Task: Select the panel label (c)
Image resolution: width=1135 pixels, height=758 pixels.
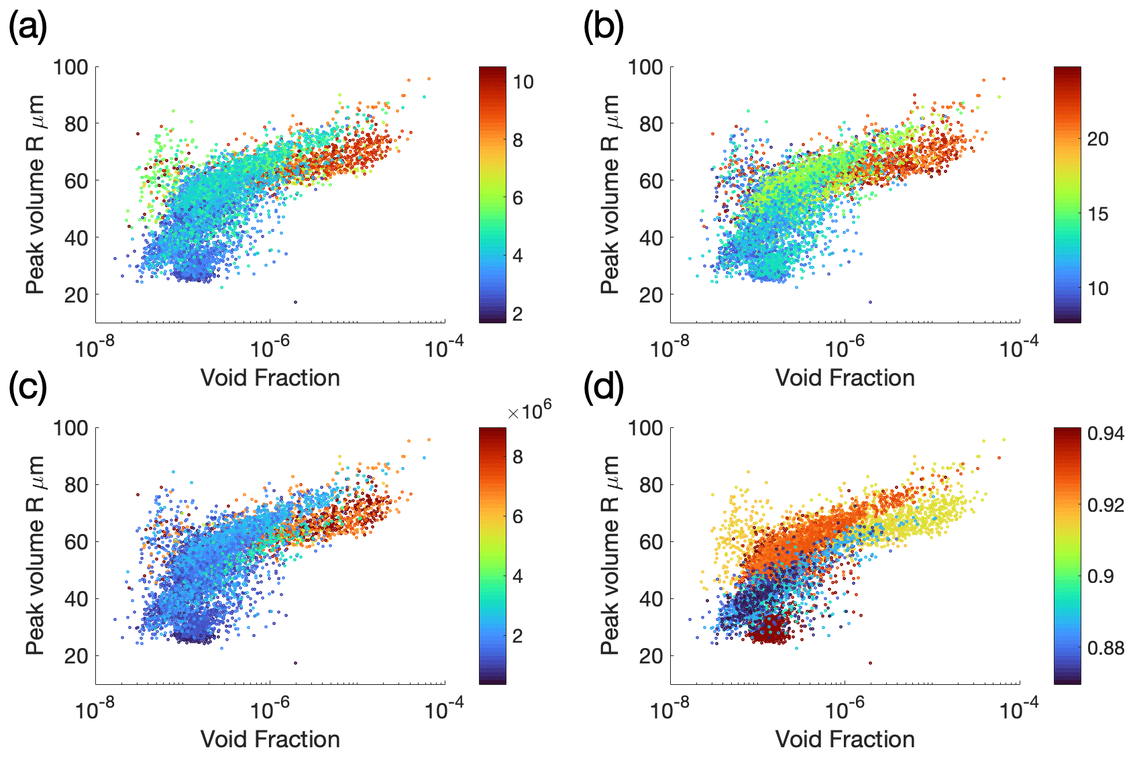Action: pos(28,390)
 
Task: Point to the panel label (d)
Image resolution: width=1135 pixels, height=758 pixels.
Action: pos(604,390)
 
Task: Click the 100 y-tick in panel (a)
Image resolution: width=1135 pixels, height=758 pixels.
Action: pos(71,67)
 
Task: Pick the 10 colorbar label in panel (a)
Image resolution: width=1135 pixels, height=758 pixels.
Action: pos(523,83)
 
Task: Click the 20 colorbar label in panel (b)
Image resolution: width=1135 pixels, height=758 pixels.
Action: pos(1097,140)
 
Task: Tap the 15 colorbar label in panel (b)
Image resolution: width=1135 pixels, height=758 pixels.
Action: pos(1097,215)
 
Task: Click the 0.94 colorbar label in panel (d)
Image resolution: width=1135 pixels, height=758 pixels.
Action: pos(1105,434)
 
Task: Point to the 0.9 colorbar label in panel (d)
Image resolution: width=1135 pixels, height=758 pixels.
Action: pos(1101,576)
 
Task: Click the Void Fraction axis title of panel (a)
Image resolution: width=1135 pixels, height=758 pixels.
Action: pos(270,378)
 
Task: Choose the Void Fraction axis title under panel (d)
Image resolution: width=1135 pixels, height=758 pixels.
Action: pos(845,739)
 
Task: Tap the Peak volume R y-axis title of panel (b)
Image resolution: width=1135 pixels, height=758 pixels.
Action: pos(610,195)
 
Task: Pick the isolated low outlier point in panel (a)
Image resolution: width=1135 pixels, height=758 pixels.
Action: pos(295,302)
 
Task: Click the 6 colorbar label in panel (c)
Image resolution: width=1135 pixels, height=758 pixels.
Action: pos(517,517)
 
